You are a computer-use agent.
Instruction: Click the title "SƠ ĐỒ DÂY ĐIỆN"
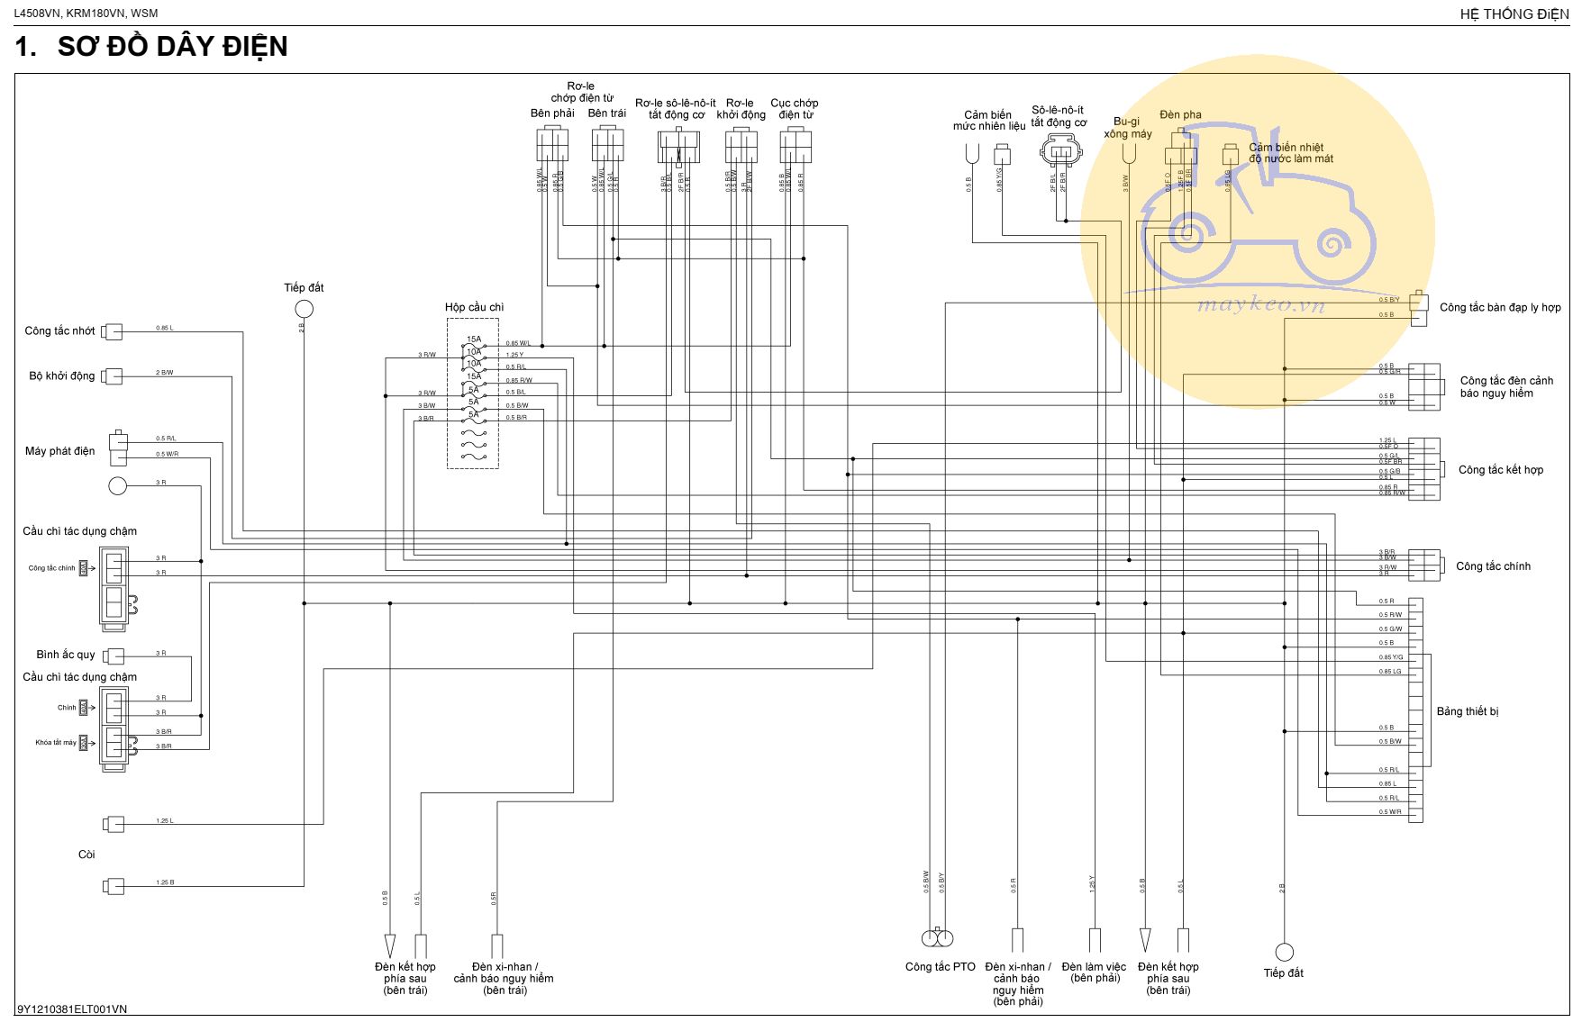pyautogui.click(x=172, y=47)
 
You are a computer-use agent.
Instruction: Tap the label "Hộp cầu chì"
pyautogui.click(x=474, y=307)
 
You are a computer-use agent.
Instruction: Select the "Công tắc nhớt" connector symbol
pyautogui.click(x=113, y=331)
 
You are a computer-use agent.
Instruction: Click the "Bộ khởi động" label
pyautogui.click(x=61, y=375)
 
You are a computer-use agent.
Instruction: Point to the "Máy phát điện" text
pyautogui.click(x=59, y=451)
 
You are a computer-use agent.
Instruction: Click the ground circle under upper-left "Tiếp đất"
pyautogui.click(x=305, y=309)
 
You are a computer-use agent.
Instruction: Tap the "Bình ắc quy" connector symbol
pyautogui.click(x=114, y=656)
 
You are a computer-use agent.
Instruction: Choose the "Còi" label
pyautogui.click(x=86, y=855)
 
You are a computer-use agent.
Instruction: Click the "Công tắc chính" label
pyautogui.click(x=1493, y=566)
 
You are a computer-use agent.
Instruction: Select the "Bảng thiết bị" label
pyautogui.click(x=1468, y=711)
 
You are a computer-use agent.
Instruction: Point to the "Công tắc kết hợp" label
pyautogui.click(x=1500, y=470)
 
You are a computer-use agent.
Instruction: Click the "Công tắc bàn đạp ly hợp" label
pyautogui.click(x=1500, y=307)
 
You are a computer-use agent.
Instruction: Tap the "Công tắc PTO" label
pyautogui.click(x=940, y=967)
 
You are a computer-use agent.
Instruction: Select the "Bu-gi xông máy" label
pyautogui.click(x=1127, y=128)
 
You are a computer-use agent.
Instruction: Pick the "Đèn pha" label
pyautogui.click(x=1180, y=114)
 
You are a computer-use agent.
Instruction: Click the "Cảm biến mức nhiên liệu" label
pyautogui.click(x=988, y=121)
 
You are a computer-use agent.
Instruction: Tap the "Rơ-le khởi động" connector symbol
pyautogui.click(x=741, y=146)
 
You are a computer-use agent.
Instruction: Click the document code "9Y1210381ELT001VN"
pyautogui.click(x=72, y=1009)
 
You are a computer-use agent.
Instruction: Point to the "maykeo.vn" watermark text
pyautogui.click(x=1260, y=305)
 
